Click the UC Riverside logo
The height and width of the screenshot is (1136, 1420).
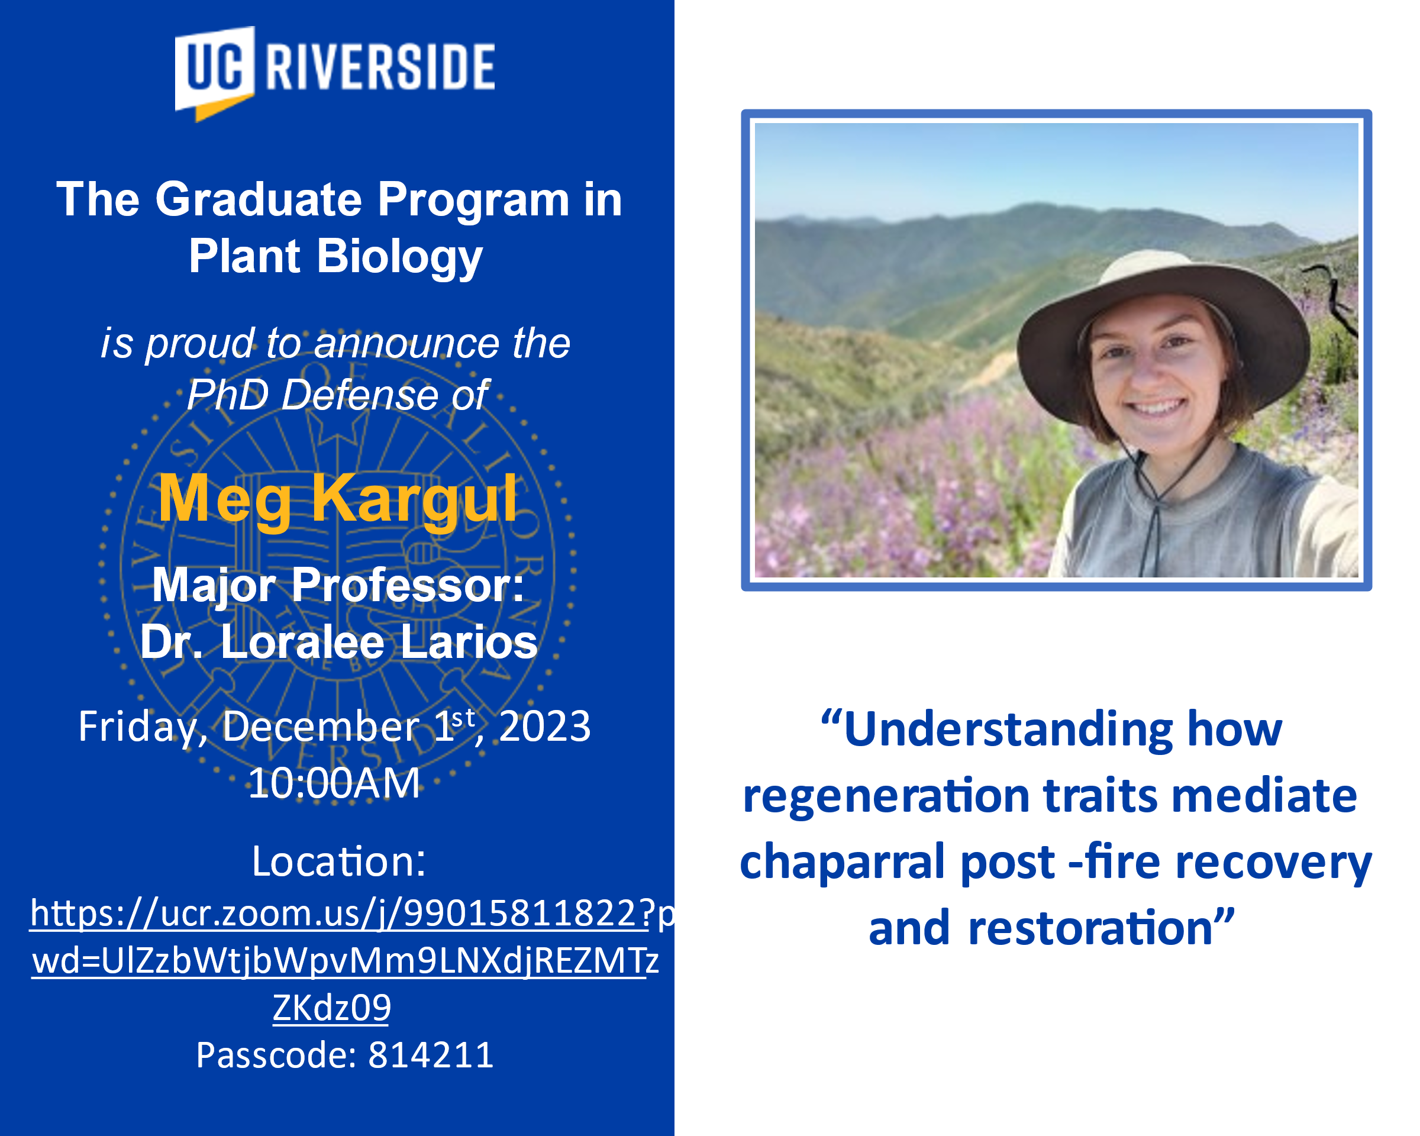click(x=334, y=73)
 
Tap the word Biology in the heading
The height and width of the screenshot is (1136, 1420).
click(x=400, y=257)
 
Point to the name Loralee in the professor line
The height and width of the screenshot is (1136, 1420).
click(x=302, y=642)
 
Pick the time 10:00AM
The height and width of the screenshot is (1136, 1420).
click(x=334, y=784)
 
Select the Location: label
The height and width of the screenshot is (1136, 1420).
click(x=338, y=861)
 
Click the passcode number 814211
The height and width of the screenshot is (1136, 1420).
click(x=431, y=1054)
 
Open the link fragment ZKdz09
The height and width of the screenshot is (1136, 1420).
click(x=332, y=1008)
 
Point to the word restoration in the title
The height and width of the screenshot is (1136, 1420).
click(x=1090, y=928)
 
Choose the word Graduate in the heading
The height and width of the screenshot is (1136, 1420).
click(x=259, y=199)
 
